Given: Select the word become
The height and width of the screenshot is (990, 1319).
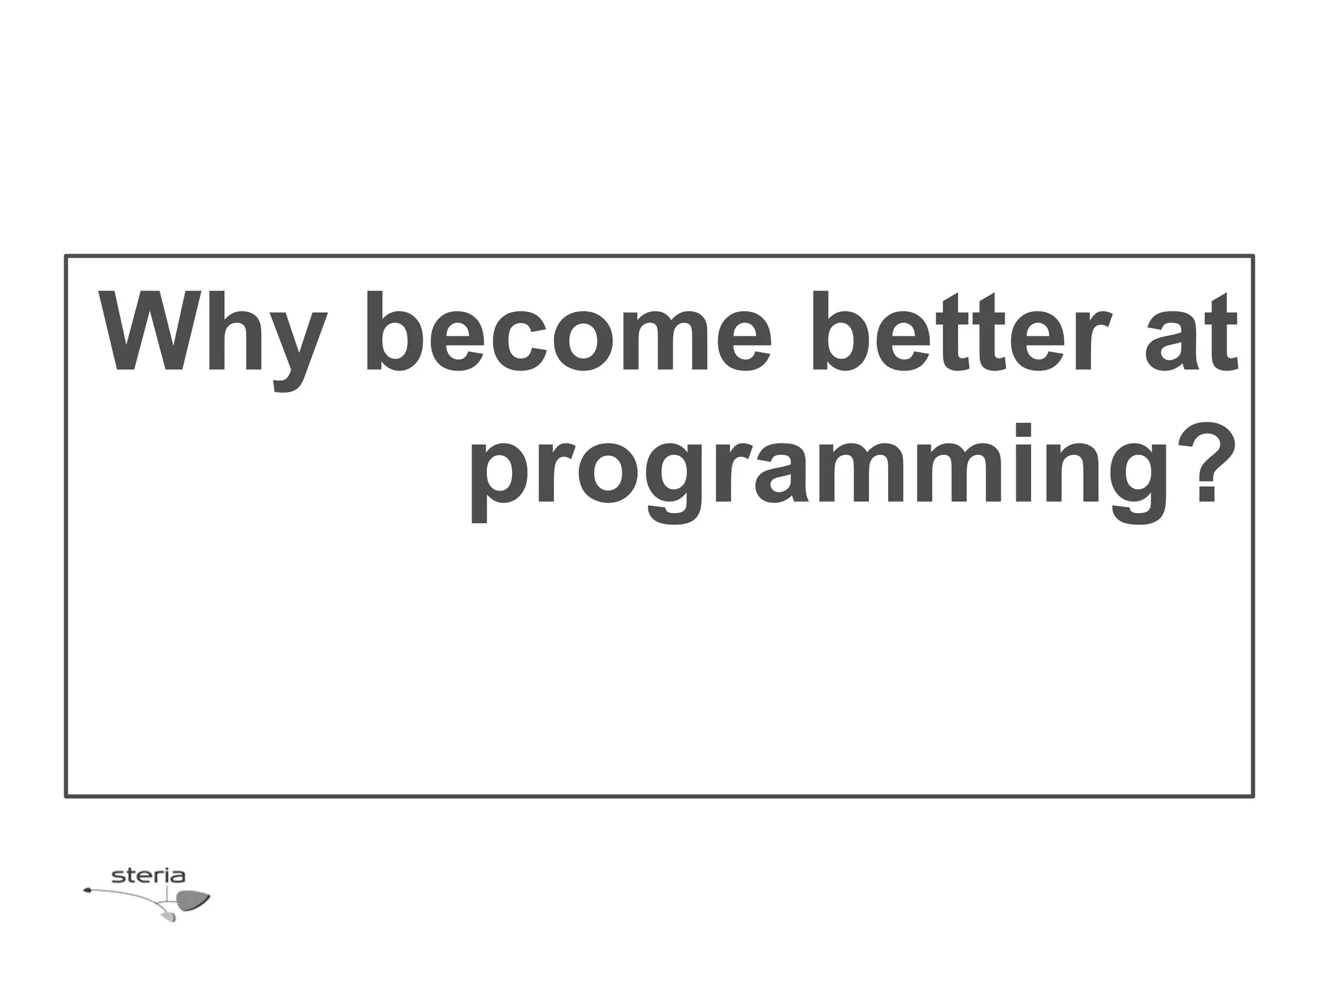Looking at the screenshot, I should click(567, 335).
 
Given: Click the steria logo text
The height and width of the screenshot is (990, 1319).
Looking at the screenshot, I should click(148, 876).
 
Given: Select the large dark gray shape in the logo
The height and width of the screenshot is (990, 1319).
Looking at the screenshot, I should click(192, 900).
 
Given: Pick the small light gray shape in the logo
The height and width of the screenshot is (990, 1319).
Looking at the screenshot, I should click(169, 916).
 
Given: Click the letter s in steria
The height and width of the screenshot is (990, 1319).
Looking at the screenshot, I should click(118, 877).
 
